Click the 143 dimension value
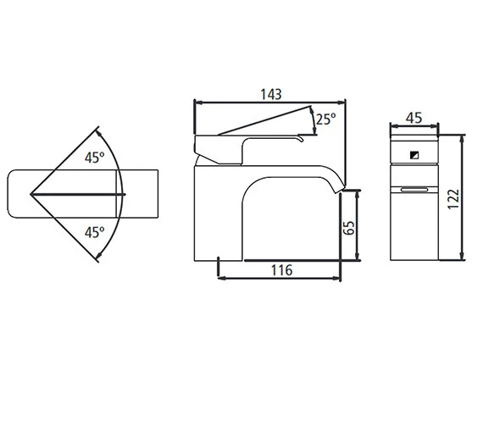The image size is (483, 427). [x=271, y=94]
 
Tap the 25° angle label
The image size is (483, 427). [x=325, y=119]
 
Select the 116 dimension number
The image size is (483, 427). [x=281, y=270]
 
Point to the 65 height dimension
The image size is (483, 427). [x=349, y=228]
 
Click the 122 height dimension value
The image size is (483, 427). [x=453, y=199]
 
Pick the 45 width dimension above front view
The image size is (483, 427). [x=414, y=118]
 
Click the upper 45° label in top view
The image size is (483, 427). [x=95, y=158]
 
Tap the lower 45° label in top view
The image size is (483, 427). [x=95, y=232]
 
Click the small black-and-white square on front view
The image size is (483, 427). [x=414, y=155]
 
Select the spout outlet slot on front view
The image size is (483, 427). [x=414, y=190]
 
